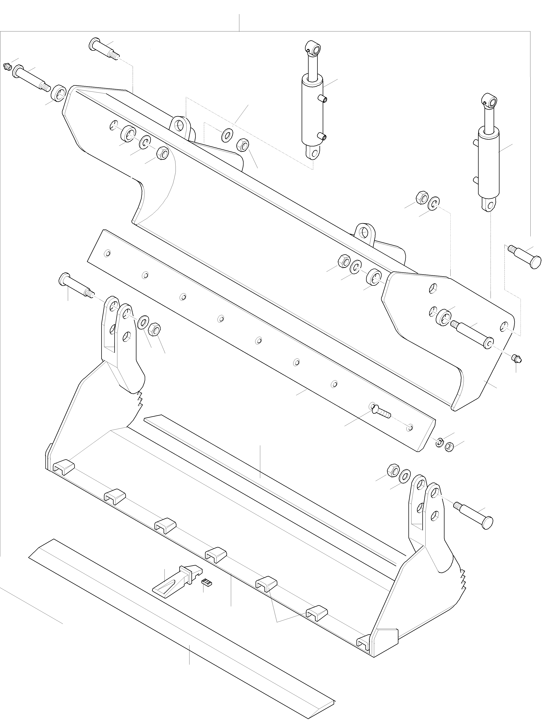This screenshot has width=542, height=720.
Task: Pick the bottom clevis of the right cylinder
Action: pos(489,205)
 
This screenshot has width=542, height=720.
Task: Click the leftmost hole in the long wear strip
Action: pos(108,253)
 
